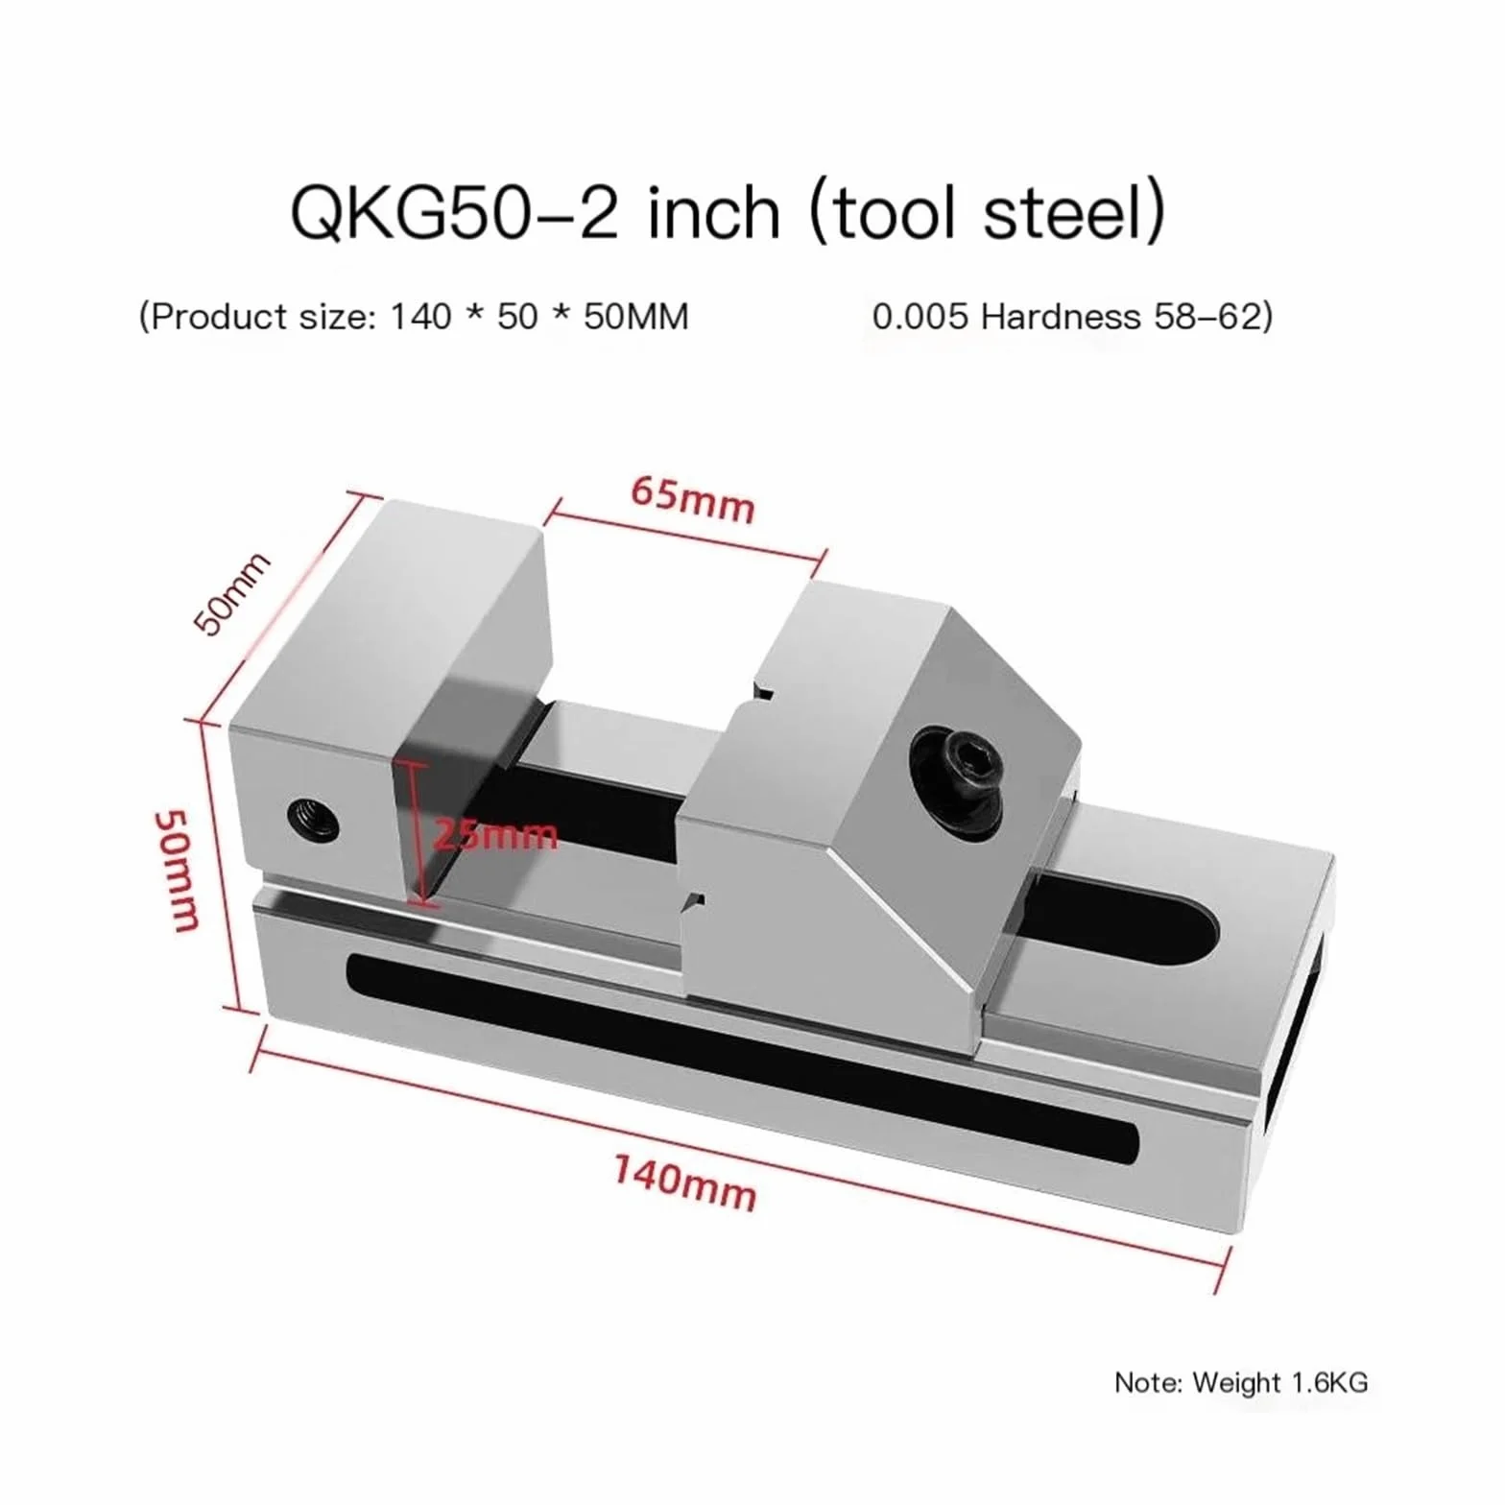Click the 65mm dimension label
[693, 499]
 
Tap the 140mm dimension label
[685, 1182]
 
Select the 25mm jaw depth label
[494, 833]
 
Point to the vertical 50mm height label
[178, 870]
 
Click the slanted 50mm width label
[231, 593]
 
